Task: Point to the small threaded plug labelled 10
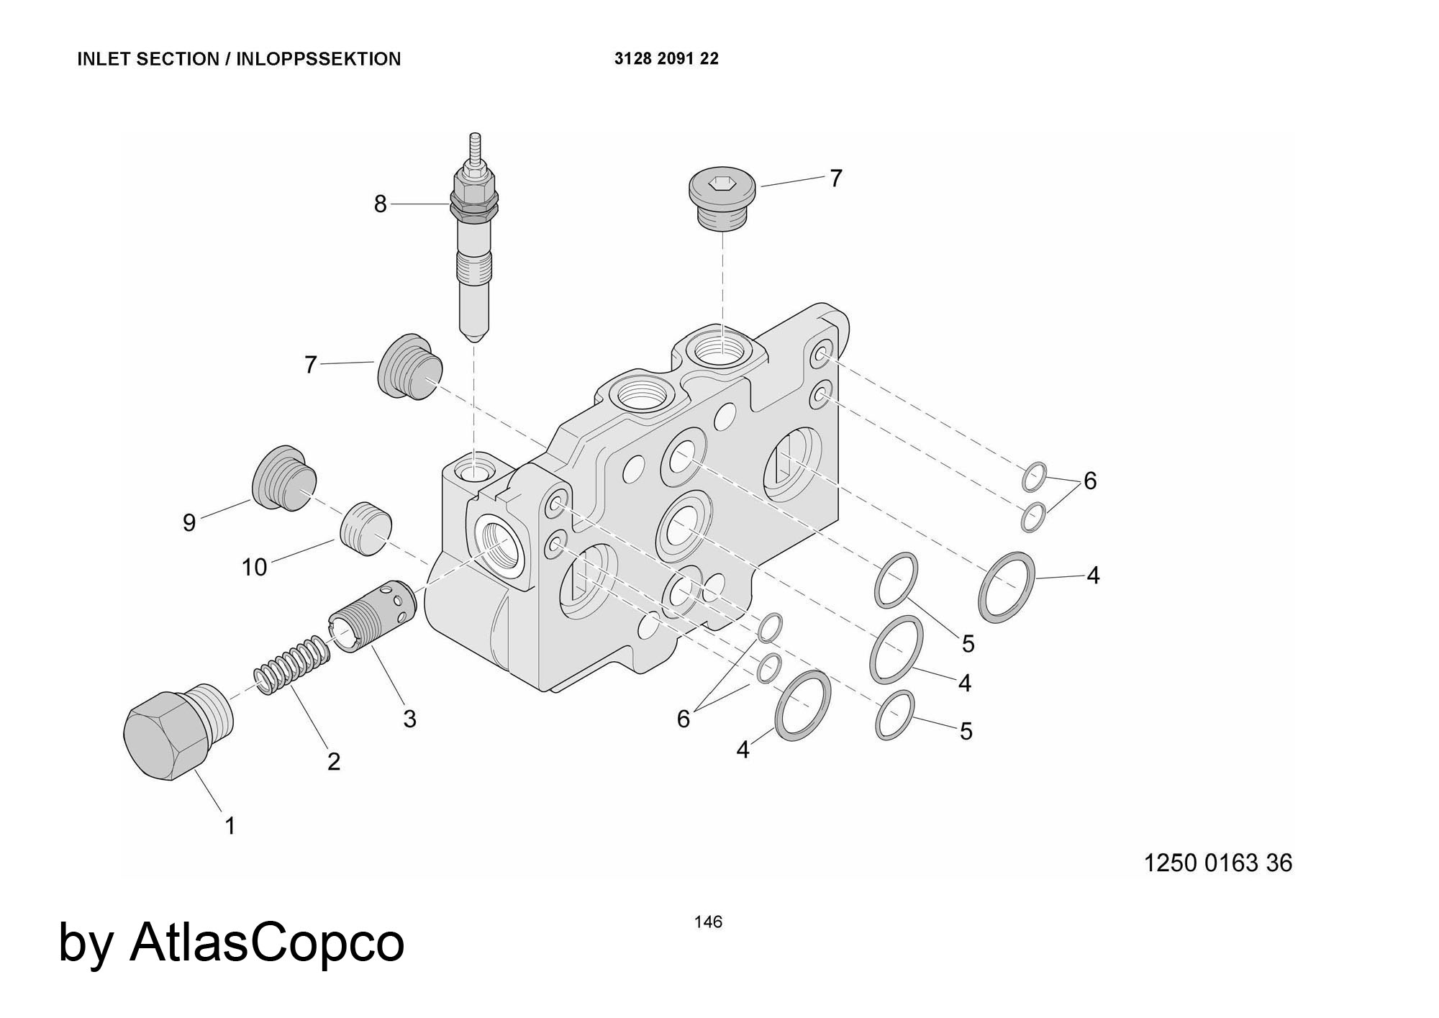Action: [x=364, y=529]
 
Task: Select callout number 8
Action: [x=380, y=204]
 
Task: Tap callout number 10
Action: [x=254, y=568]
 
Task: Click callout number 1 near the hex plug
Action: [x=230, y=826]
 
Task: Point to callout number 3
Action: [x=409, y=719]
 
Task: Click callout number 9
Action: [x=189, y=523]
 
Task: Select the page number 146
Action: [x=708, y=922]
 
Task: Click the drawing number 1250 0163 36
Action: [x=1217, y=863]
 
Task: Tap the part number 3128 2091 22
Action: [x=666, y=59]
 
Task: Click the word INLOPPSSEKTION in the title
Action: [x=318, y=59]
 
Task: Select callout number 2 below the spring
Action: [x=334, y=761]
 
